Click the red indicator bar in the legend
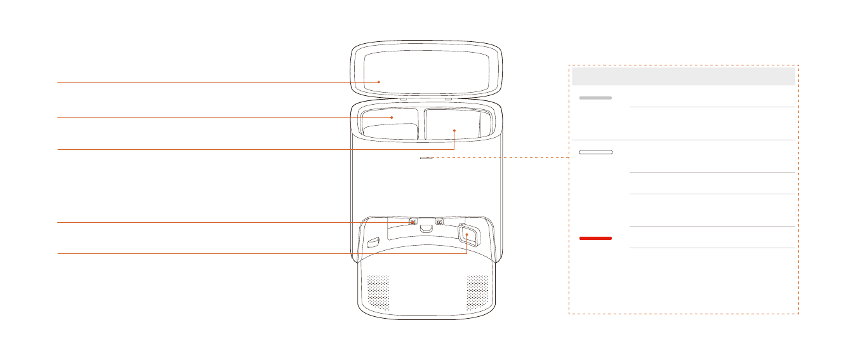pos(595,238)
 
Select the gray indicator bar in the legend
pos(595,98)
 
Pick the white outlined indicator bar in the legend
pos(595,152)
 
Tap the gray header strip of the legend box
pos(684,77)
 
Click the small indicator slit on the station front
pos(425,158)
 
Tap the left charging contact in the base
pos(413,222)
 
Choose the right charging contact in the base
pos(439,222)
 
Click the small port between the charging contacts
pos(426,228)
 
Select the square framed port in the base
pos(468,235)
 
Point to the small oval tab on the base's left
pos(373,242)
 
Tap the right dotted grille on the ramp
pos(478,293)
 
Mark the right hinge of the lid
pos(449,99)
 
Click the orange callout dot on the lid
pos(379,82)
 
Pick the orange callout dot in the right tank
pos(455,130)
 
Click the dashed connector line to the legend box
pos(501,158)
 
